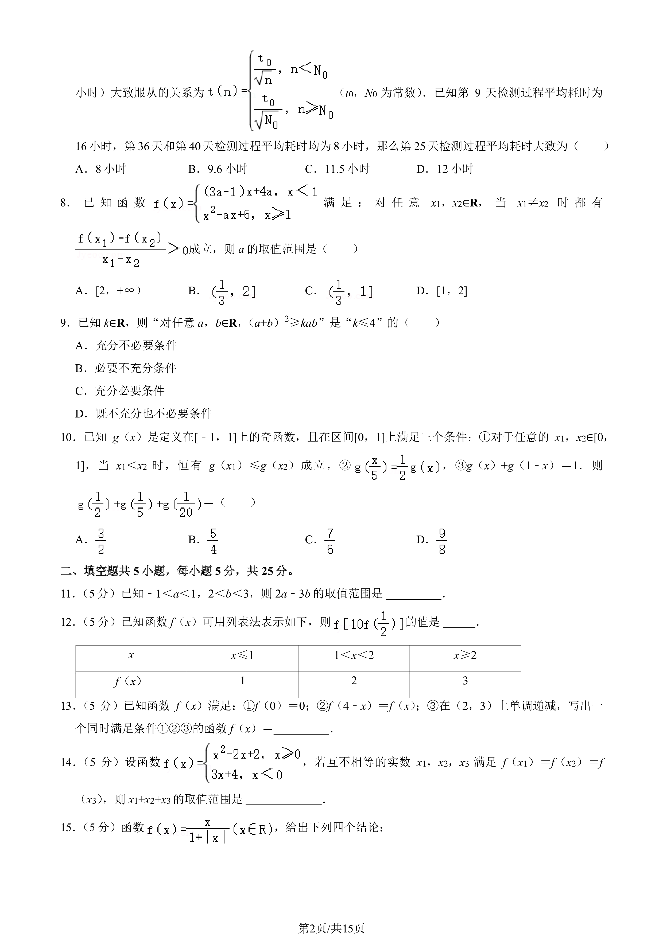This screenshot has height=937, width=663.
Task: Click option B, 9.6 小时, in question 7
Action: click(218, 169)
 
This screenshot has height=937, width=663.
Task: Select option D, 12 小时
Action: click(445, 169)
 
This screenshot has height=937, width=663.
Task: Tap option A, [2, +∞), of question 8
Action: click(108, 291)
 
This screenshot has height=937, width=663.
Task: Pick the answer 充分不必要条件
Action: click(136, 346)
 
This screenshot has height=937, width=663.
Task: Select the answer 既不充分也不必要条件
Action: click(153, 413)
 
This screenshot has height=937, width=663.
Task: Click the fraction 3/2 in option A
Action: click(101, 541)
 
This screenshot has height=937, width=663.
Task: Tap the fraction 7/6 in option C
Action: click(330, 541)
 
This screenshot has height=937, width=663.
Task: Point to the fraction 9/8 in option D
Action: click(442, 541)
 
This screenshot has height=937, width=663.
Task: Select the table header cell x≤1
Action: click(242, 655)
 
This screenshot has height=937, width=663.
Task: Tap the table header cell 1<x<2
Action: click(354, 655)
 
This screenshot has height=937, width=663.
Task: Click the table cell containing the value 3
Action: click(465, 681)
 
